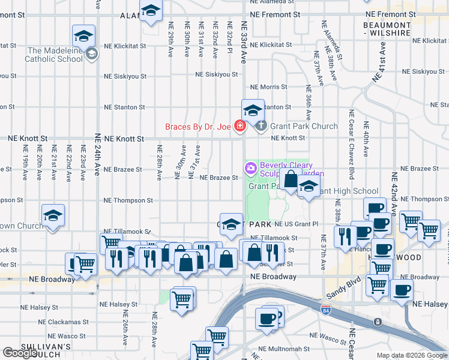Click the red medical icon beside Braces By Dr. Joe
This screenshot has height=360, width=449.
pos(240,126)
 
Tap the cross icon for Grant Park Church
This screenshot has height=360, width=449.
pos(261,126)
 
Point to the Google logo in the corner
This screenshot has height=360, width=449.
pos(19,353)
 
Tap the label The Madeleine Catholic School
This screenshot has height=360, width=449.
pos(54,55)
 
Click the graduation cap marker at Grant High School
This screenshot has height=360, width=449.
pos(309,187)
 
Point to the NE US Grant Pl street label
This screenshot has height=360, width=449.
pos(296,224)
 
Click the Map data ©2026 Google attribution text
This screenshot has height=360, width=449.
pos(412,355)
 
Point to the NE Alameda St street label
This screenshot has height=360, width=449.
pos(328,45)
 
